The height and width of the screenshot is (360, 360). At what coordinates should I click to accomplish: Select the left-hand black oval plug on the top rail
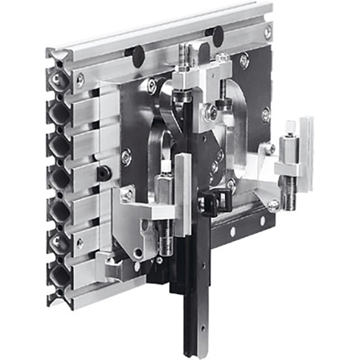point(130,54)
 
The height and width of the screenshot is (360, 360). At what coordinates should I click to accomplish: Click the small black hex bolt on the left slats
point(102,174)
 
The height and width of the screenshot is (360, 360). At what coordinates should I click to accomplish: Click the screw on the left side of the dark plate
point(126,157)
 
